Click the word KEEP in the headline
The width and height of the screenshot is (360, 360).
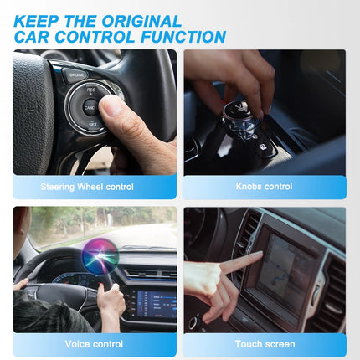pos(35,20)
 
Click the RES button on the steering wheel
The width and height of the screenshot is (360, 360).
pos(90,89)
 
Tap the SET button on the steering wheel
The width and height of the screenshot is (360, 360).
pos(92,123)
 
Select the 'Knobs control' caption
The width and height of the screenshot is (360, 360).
pos(265,187)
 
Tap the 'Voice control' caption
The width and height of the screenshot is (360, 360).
pos(94,344)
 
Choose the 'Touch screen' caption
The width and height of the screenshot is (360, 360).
pos(265,344)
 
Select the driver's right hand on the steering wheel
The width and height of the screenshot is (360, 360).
pos(108,295)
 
